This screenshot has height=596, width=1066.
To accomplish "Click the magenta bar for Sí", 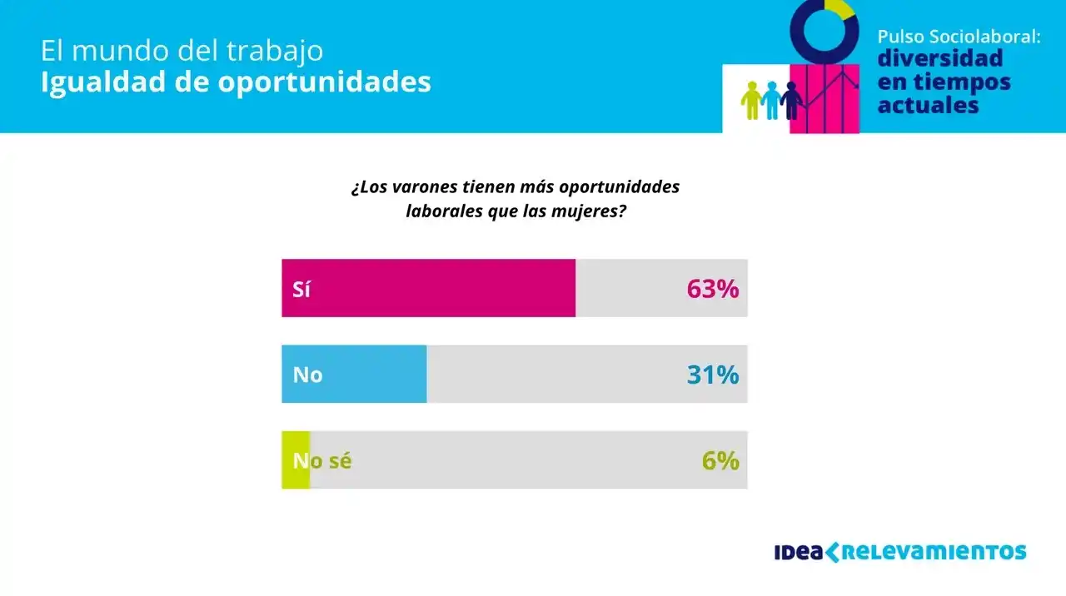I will (428, 288).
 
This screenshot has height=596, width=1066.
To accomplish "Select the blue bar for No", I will (354, 375).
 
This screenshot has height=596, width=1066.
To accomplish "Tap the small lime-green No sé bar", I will (295, 459).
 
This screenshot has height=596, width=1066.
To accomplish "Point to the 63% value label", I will (713, 289).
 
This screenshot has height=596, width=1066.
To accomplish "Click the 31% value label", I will (713, 375).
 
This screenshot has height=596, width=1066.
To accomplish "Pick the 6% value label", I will (720, 460).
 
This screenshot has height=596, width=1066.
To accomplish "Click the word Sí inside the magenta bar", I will (301, 289).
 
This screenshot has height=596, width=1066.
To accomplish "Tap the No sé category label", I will (322, 460).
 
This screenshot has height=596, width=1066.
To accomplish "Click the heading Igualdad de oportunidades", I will (236, 82).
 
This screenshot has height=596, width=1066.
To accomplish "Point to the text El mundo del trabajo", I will (182, 50).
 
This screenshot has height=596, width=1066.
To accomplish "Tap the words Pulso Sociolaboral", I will (959, 37).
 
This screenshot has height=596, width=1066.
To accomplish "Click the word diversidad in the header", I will (940, 59).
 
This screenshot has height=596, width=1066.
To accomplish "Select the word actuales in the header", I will (928, 106).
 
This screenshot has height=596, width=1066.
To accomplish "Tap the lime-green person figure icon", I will (752, 99).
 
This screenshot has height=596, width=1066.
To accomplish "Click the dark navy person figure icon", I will (791, 99).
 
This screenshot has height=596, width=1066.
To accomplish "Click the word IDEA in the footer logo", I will (798, 552).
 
